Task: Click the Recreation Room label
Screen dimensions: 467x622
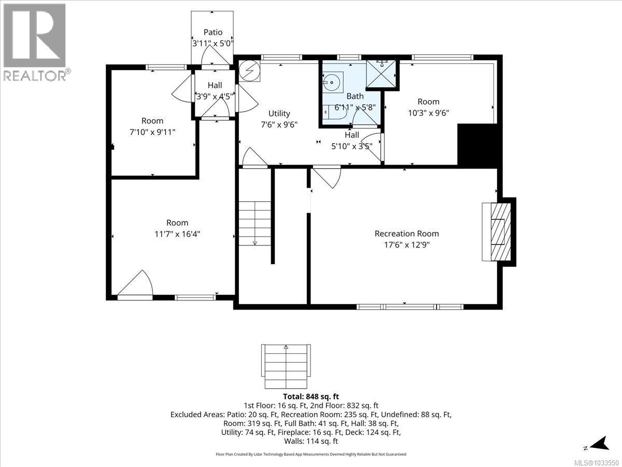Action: (406, 233)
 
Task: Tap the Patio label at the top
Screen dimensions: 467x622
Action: (213, 32)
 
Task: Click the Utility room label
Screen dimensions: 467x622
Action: (279, 113)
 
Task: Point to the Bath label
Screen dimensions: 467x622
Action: (355, 96)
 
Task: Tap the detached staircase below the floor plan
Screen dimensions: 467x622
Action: (286, 366)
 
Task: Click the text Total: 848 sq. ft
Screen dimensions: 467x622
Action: (310, 397)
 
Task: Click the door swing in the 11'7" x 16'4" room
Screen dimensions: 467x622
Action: (136, 284)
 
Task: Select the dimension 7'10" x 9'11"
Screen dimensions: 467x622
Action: (152, 132)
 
